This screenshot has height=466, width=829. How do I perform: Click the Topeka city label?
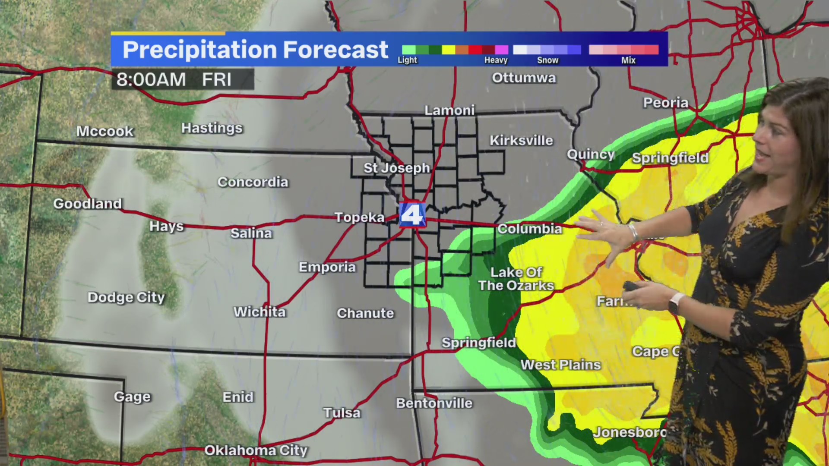pos(359,217)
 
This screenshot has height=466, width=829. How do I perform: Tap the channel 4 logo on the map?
pos(412,214)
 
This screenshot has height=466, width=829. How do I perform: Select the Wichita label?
pos(259,312)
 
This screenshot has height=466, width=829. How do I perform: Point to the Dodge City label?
pos(126,297)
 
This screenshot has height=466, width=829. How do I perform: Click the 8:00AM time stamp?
pos(151,80)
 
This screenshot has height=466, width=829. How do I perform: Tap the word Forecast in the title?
pos(335,50)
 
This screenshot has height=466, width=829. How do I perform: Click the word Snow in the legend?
pos(547,60)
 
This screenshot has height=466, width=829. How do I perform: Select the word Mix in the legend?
pos(628,60)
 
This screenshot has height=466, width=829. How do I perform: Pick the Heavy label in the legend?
pos(496,60)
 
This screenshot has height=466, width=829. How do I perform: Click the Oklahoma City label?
pos(256,450)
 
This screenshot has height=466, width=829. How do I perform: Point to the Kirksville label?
pos(521,141)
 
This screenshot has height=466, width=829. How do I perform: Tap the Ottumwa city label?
pos(524,78)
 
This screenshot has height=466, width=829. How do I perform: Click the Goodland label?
pos(88,204)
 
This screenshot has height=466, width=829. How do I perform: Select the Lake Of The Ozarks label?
pos(516,279)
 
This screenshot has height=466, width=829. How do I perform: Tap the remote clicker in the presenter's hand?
pos(632,286)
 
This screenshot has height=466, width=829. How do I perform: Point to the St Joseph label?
pos(396,168)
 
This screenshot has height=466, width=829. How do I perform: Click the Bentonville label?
pos(434,403)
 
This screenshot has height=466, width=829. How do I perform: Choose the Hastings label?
pos(212,128)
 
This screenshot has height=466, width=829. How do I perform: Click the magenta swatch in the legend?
pos(501,50)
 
